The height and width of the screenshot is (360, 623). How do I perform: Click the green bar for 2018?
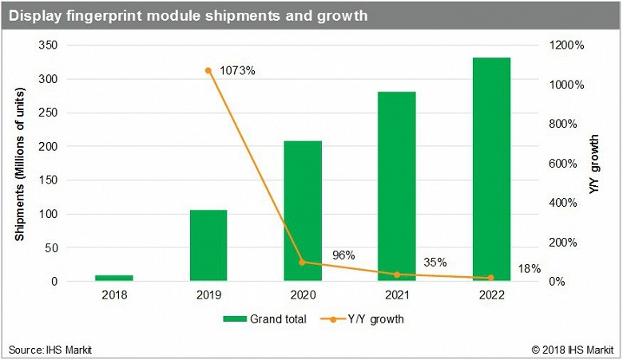point(113,278)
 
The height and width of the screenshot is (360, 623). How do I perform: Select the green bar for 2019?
point(208,246)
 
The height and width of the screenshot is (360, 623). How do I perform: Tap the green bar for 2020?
point(303,212)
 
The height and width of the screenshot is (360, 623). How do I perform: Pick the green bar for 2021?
point(397,187)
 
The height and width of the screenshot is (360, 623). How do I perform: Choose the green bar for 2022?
point(491,169)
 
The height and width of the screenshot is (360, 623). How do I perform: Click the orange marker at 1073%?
point(208,70)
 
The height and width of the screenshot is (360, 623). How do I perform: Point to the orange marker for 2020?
point(303,262)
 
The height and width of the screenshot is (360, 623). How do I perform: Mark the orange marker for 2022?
point(491,278)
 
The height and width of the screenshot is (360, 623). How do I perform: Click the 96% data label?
point(343,255)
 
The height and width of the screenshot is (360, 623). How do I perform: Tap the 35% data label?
point(435,262)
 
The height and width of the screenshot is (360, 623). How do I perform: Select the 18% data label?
point(530,269)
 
